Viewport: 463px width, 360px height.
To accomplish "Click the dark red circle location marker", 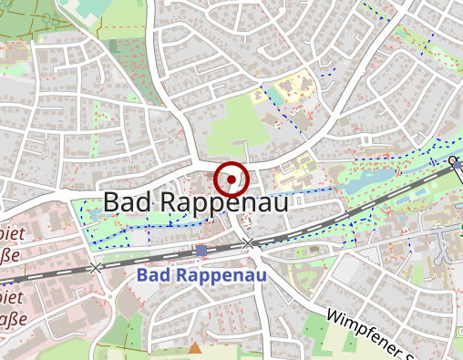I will point(232,180).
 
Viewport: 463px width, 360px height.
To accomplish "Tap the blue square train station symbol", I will point(201,250).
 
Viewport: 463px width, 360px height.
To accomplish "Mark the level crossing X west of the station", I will point(97,268).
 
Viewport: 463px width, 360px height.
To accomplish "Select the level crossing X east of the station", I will point(249,242).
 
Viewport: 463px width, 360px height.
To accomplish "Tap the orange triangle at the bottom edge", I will point(194,349).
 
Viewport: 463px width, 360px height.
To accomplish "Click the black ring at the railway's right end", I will point(454,161).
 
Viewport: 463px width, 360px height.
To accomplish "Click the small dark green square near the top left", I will point(113,45).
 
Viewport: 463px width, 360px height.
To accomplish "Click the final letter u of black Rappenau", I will point(279,203).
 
